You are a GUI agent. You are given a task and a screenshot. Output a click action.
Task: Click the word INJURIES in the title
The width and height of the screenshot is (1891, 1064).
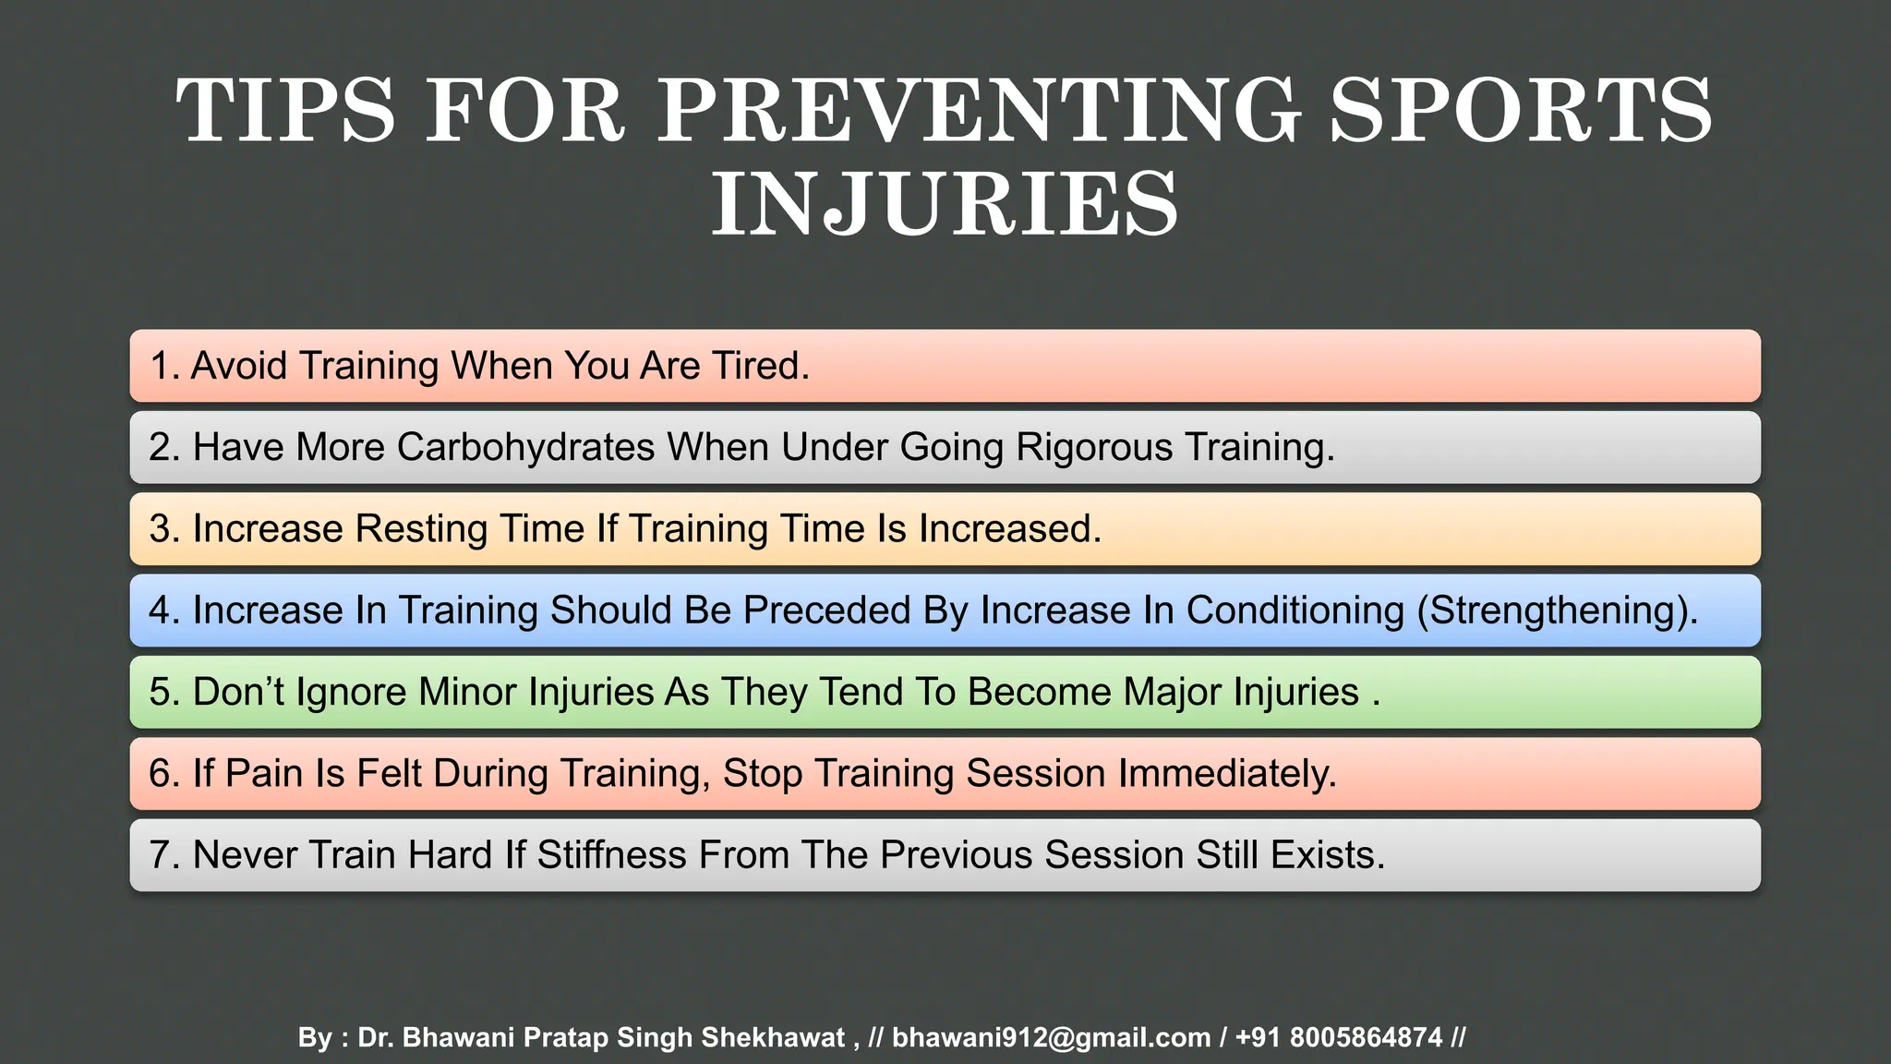[x=945, y=204]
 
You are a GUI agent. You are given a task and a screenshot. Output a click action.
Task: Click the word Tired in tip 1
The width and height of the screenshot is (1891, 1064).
[x=759, y=366]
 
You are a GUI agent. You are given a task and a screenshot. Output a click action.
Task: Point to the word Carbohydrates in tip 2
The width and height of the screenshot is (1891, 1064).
[x=526, y=447]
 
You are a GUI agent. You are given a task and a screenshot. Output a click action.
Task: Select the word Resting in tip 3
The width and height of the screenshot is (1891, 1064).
[x=421, y=529]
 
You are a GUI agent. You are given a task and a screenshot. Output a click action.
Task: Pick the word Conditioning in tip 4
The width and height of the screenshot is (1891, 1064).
[x=1295, y=611]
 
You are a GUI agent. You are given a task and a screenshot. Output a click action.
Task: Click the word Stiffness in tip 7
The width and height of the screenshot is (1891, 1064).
[x=611, y=855]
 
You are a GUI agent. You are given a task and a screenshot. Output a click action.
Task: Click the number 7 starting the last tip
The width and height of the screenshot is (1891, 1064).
[x=160, y=855]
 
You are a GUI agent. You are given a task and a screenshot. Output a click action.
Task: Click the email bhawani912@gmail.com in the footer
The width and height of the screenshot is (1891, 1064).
[x=1051, y=1037]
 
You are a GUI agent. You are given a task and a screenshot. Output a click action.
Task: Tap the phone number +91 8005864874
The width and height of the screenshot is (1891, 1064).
[x=1338, y=1037]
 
